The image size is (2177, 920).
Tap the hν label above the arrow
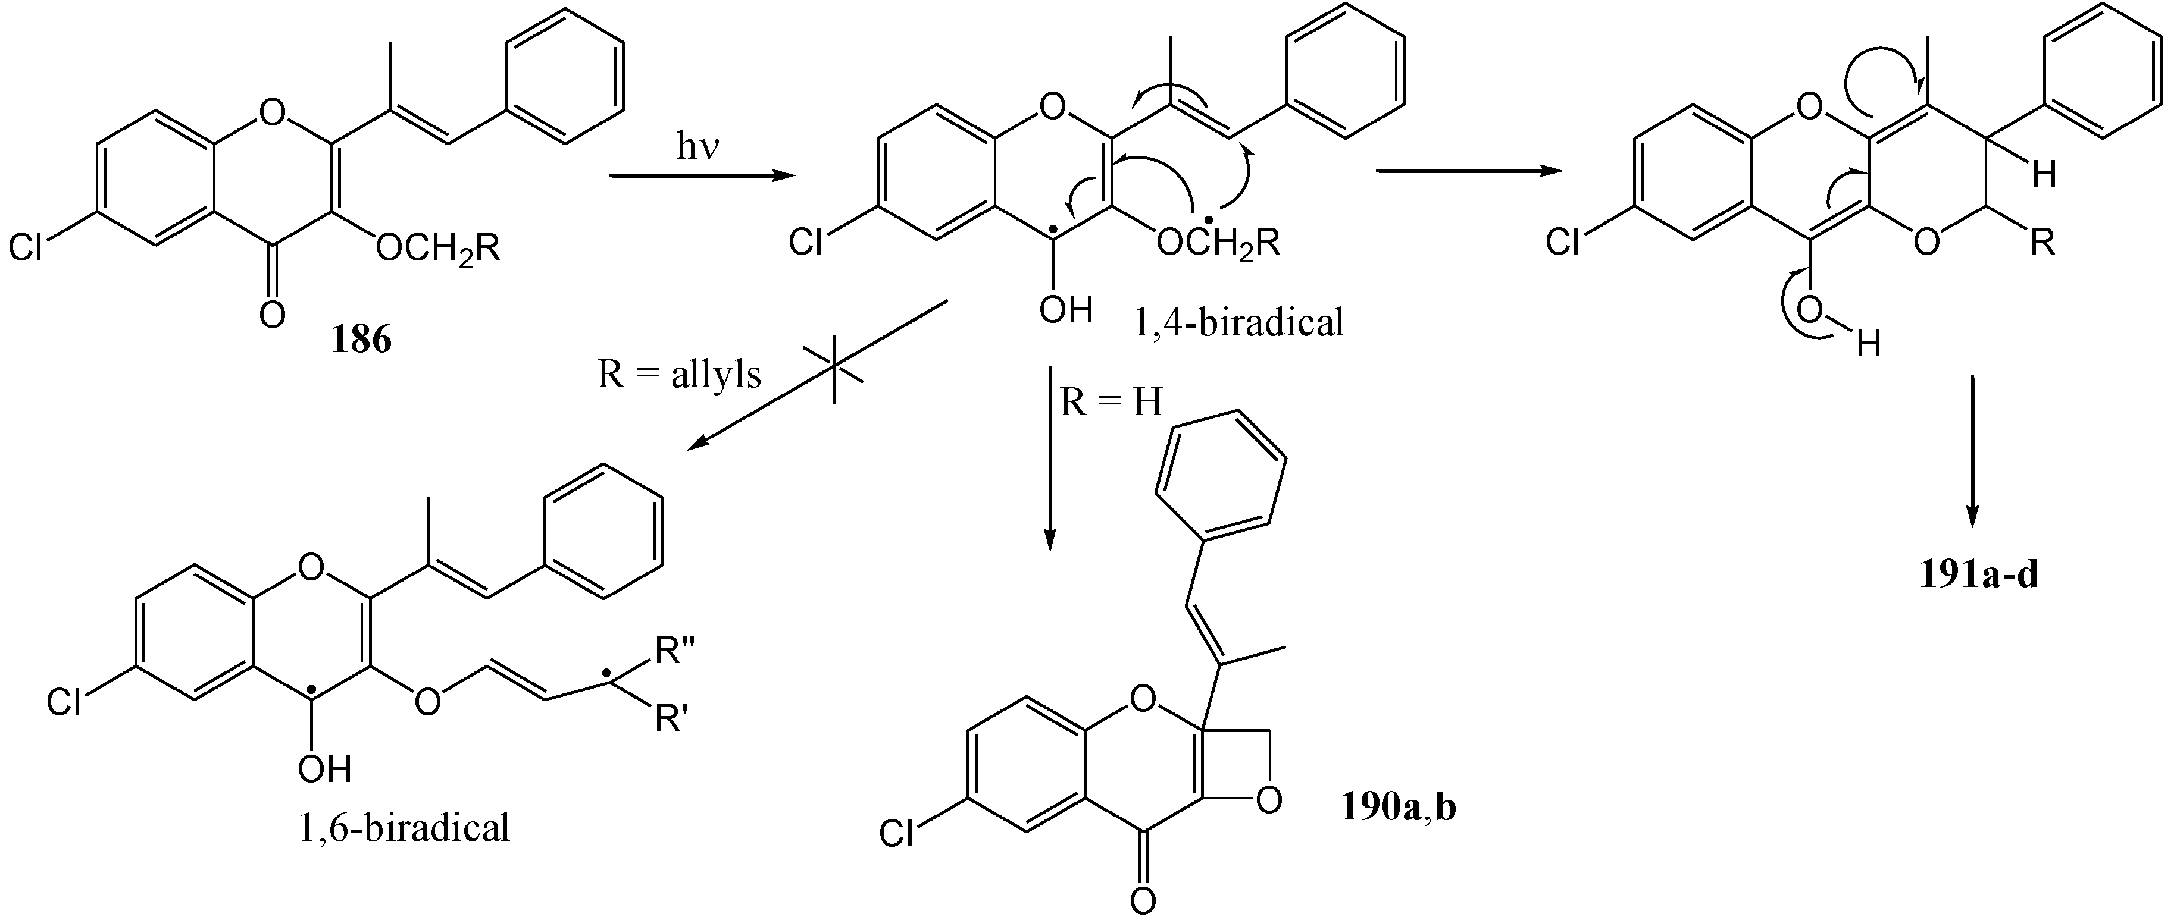click(698, 149)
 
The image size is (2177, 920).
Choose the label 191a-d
click(1978, 574)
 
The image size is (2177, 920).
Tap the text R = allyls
click(678, 374)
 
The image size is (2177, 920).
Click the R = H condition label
click(1111, 403)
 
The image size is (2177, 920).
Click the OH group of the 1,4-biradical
click(1066, 310)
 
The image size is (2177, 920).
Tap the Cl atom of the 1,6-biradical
click(64, 702)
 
